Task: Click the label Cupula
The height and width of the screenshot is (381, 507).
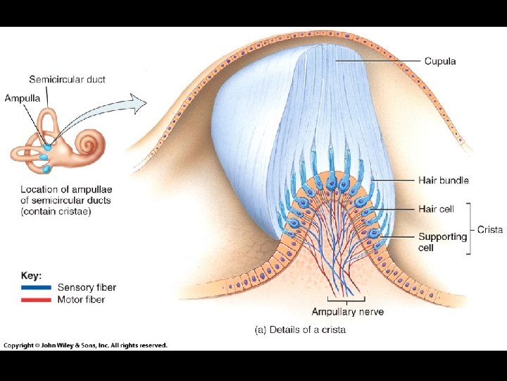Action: tap(440, 61)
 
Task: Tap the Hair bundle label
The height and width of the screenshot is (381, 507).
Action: tap(443, 181)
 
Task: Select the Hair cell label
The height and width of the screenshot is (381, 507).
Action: tap(436, 209)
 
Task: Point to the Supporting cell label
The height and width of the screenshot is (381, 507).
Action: tap(442, 242)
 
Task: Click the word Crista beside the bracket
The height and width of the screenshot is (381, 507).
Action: tap(489, 229)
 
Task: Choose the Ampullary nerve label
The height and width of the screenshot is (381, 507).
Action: tap(348, 312)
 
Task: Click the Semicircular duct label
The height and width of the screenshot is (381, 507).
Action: tap(67, 80)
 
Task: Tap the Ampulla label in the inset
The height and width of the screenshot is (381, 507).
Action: tap(22, 98)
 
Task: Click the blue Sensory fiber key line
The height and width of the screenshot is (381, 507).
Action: tap(36, 288)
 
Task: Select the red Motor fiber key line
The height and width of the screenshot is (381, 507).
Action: tap(36, 300)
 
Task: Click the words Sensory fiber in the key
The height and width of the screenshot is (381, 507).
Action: tap(87, 287)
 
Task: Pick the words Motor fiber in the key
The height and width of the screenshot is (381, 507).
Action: tap(81, 300)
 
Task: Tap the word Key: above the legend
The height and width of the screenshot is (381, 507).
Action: tap(31, 275)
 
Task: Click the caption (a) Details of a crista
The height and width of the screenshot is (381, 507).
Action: tap(300, 329)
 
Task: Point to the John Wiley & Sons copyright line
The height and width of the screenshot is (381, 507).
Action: tap(85, 346)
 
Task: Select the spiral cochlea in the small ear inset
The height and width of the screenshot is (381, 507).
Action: tap(89, 143)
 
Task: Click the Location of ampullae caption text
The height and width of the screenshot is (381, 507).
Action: tap(65, 200)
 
